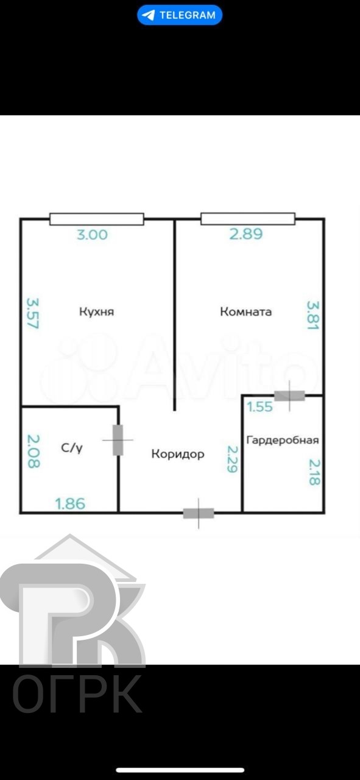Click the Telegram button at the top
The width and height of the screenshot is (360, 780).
coord(180,15)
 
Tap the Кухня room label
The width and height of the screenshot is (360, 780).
coord(97,312)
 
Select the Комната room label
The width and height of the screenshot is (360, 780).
coord(246,312)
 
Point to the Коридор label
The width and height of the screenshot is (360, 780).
coord(178,454)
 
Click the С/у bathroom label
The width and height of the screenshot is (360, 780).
coord(71,448)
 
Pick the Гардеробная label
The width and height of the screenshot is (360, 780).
coord(282,439)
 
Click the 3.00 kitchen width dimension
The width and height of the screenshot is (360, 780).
coord(93,234)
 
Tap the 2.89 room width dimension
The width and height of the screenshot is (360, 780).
coord(246,234)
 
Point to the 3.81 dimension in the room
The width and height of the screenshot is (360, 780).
coord(312,315)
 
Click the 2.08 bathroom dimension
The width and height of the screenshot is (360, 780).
coord(33,451)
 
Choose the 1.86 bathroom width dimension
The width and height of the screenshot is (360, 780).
coord(70,503)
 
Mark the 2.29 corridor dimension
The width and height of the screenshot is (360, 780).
coord(232,459)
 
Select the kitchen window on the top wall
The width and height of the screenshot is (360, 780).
coord(96,219)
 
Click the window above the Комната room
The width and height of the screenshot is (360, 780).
coord(248,219)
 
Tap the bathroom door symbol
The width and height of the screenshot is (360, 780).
coord(118,440)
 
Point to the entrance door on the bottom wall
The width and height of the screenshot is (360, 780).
coord(199,513)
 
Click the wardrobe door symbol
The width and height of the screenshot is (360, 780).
coord(289,395)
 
